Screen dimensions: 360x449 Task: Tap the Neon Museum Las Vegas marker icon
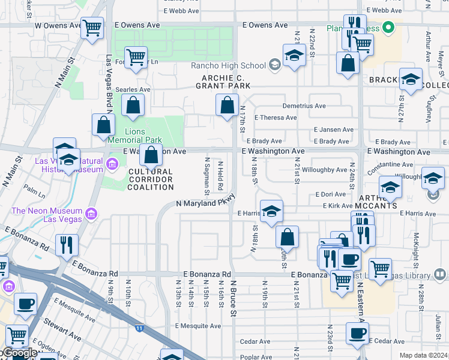(91, 214)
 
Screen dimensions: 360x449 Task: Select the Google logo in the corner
(20, 353)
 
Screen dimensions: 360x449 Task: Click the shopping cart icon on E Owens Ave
(92, 27)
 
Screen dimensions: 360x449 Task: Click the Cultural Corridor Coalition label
(150, 179)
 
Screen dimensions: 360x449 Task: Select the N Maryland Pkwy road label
(205, 202)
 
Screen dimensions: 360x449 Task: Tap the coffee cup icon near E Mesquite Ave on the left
(25, 304)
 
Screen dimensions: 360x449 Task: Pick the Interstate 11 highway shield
(139, 328)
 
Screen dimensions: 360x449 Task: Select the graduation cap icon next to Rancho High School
(294, 56)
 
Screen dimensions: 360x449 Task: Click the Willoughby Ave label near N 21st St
(324, 170)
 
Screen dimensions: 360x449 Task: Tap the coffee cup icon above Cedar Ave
(357, 333)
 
